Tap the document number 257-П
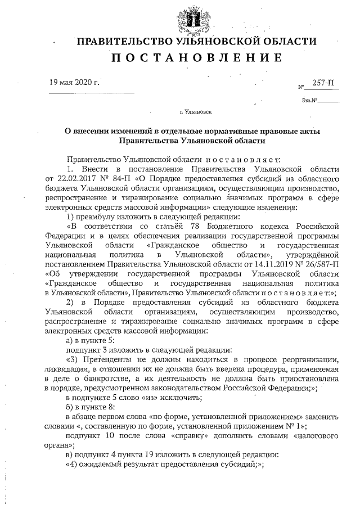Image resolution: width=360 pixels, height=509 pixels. (x=323, y=83)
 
